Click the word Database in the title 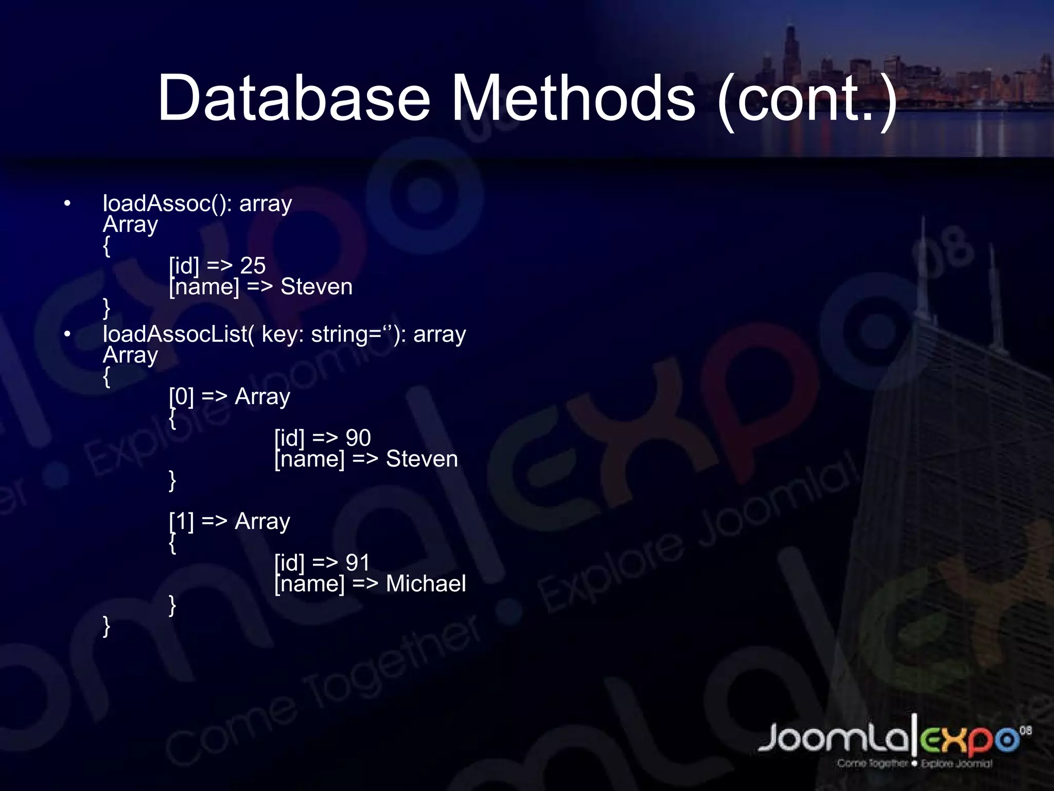pyautogui.click(x=293, y=98)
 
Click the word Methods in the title pyautogui.click(x=573, y=98)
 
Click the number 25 pyautogui.click(x=253, y=266)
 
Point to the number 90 pyautogui.click(x=358, y=438)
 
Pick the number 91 pyautogui.click(x=358, y=563)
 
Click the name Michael pyautogui.click(x=426, y=584)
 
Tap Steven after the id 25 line pyautogui.click(x=317, y=287)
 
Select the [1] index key pyautogui.click(x=181, y=522)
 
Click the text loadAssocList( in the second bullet pyautogui.click(x=178, y=335)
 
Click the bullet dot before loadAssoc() pyautogui.click(x=67, y=204)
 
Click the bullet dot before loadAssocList pyautogui.click(x=67, y=335)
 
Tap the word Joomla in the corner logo pyautogui.click(x=834, y=739)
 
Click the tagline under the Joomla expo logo pyautogui.click(x=914, y=764)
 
